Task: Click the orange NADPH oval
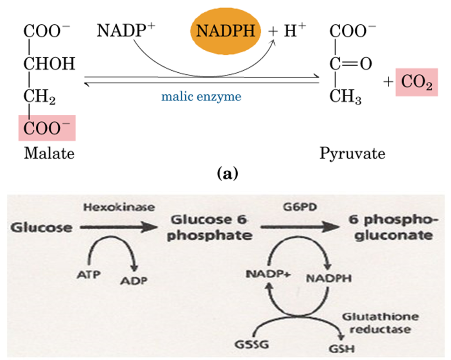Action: [226, 31]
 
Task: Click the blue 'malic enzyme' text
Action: [202, 97]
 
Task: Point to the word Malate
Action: [49, 153]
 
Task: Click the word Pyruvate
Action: [352, 153]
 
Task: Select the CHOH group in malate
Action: [49, 64]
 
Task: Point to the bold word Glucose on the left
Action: [41, 228]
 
